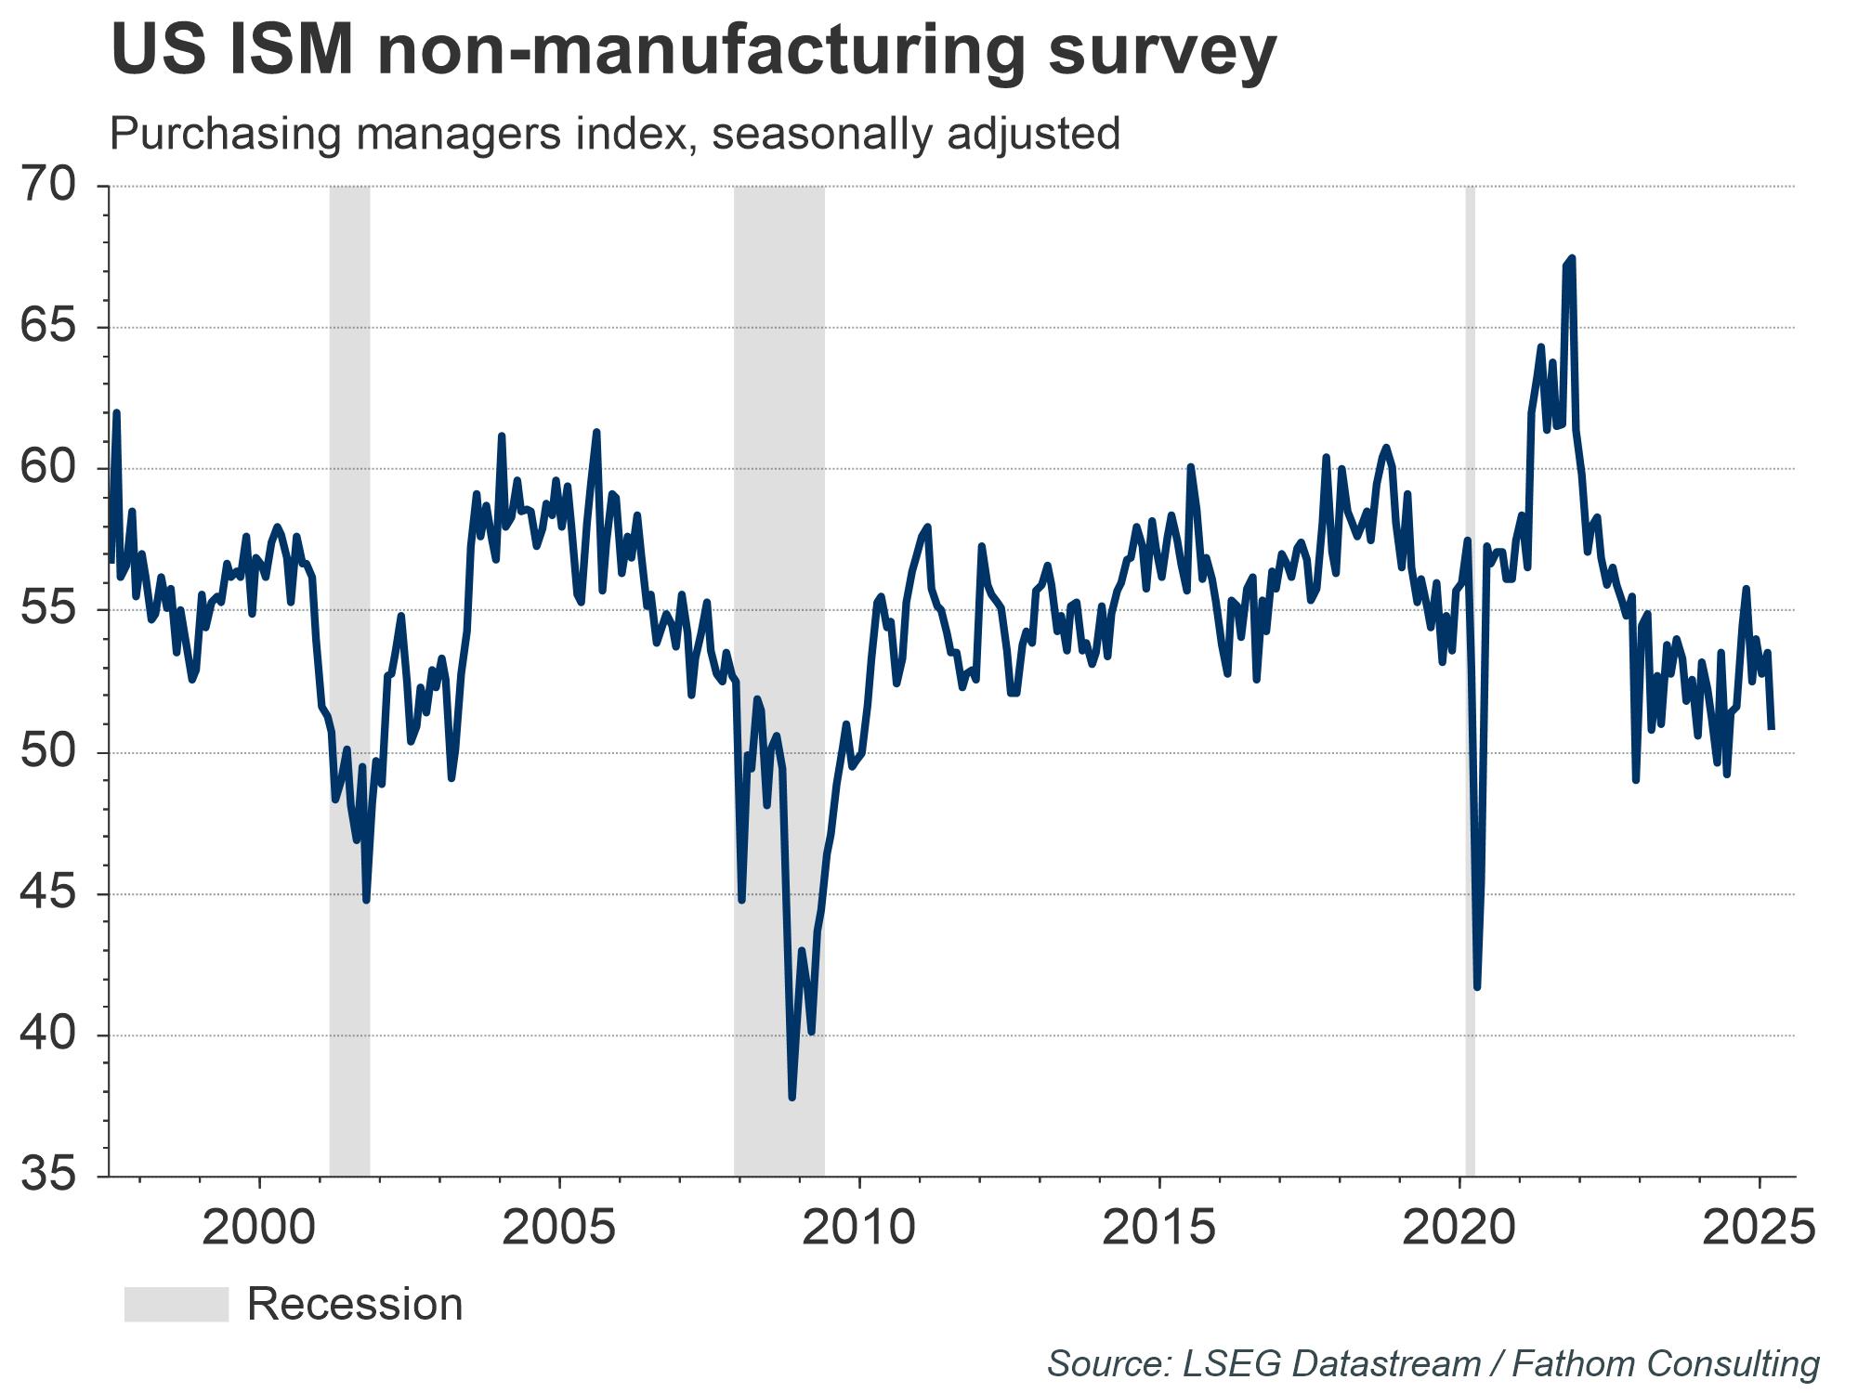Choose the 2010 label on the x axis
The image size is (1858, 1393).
[858, 1228]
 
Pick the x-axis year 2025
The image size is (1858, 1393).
[1760, 1228]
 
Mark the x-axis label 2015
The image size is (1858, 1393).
[1158, 1228]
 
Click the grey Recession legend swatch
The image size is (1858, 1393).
[176, 1304]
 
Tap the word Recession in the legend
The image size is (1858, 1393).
[355, 1304]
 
